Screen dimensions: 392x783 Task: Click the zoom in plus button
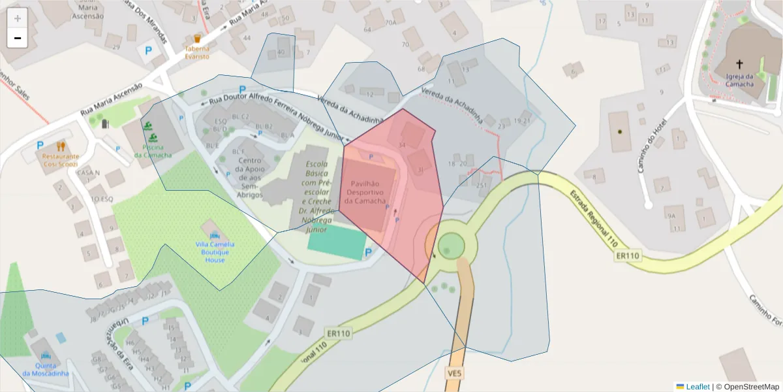18,18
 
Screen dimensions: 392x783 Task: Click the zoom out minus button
18,38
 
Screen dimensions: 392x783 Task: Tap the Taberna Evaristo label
197,52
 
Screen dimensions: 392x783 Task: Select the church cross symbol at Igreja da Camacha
739,64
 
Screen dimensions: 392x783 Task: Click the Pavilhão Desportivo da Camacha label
367,193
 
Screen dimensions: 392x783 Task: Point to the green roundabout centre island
450,246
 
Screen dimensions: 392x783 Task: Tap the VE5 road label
455,373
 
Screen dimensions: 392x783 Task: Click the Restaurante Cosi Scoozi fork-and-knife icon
61,146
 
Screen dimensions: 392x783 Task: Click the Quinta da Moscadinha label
45,369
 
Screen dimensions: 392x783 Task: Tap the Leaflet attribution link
697,387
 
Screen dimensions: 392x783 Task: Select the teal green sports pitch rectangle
337,242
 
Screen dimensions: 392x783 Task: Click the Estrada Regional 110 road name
593,219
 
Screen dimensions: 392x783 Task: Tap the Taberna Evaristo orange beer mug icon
197,39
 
